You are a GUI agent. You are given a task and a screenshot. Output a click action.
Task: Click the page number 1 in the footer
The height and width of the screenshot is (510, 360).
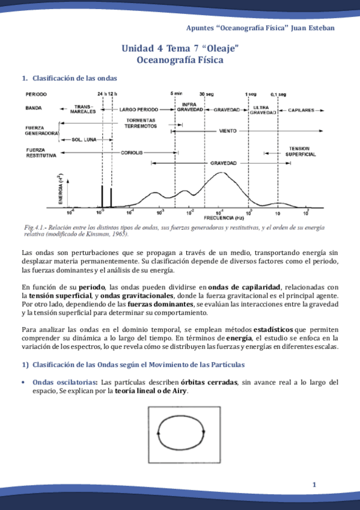314,485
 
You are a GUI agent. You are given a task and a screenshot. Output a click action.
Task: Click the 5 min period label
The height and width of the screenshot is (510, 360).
176,94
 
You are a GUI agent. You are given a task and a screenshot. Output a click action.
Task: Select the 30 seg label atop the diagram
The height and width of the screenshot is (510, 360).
206,94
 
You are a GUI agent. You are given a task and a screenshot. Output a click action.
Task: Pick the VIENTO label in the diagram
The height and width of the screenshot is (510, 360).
227,130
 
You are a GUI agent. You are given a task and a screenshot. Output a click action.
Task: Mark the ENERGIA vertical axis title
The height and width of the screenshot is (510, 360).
61,191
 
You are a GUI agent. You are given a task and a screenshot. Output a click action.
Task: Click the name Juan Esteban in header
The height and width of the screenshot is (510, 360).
313,28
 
